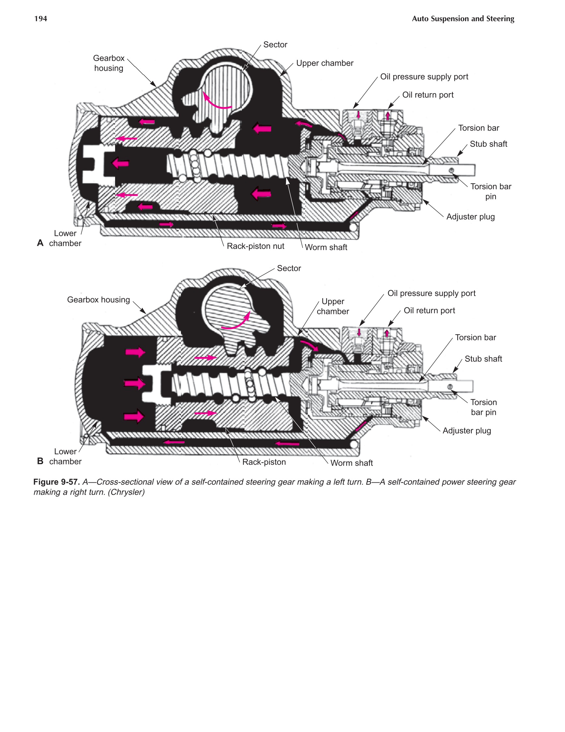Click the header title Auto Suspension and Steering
463,19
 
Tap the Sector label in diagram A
275,45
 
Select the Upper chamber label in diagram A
324,63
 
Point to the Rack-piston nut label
256,246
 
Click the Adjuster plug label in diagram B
467,431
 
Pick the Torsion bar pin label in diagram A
491,191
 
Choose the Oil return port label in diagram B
429,310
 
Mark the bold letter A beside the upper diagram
40,243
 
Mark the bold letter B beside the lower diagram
40,461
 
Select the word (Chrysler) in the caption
126,492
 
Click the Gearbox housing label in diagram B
98,300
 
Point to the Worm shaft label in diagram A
326,247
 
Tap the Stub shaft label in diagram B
483,359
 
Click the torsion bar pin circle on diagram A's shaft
451,171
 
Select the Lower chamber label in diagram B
65,457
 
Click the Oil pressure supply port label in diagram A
424,77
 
